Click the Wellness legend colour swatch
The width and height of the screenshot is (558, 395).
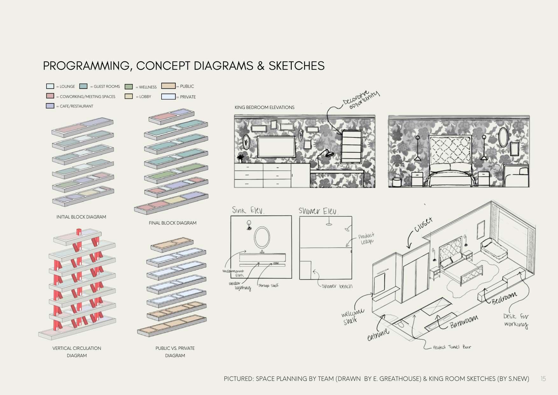click(x=129, y=87)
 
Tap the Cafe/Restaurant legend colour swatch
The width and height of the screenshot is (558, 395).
click(x=50, y=106)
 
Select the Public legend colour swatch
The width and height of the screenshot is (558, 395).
click(x=168, y=86)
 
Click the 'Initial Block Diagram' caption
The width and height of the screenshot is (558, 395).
click(x=81, y=217)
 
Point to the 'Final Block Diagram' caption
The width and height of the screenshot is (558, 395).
click(x=172, y=223)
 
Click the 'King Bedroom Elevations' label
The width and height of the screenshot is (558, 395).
click(x=264, y=108)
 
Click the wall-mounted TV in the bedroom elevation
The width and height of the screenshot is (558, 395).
click(x=276, y=147)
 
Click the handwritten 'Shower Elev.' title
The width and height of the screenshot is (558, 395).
click(x=318, y=211)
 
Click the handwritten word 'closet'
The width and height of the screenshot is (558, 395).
click(x=423, y=225)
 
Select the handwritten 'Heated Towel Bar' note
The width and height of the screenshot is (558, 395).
click(x=452, y=347)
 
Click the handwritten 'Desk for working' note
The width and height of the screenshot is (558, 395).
click(x=516, y=320)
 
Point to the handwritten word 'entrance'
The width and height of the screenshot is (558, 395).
click(x=378, y=335)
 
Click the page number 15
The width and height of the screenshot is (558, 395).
click(x=543, y=379)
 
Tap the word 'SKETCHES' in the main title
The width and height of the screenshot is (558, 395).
click(x=296, y=66)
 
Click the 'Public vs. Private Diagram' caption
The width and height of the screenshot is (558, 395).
click(x=175, y=352)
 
